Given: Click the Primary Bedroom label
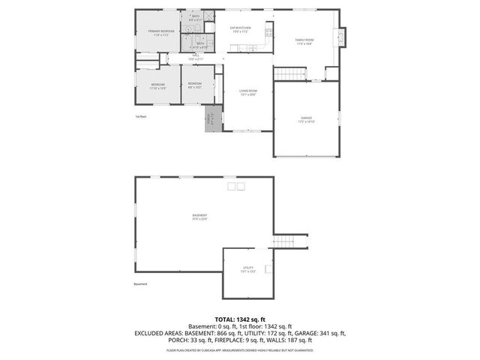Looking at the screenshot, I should [x=158, y=32].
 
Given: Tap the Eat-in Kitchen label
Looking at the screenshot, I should [x=240, y=30].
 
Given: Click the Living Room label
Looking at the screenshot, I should [x=247, y=93].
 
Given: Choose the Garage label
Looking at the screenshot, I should [x=306, y=119].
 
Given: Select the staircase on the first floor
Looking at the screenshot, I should [x=290, y=73].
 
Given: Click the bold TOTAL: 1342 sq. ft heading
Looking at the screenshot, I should [x=240, y=318].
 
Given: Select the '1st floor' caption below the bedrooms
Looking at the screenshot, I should [x=140, y=117].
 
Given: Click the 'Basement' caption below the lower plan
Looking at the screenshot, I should [x=141, y=284].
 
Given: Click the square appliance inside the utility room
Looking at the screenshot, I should [x=268, y=267].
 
